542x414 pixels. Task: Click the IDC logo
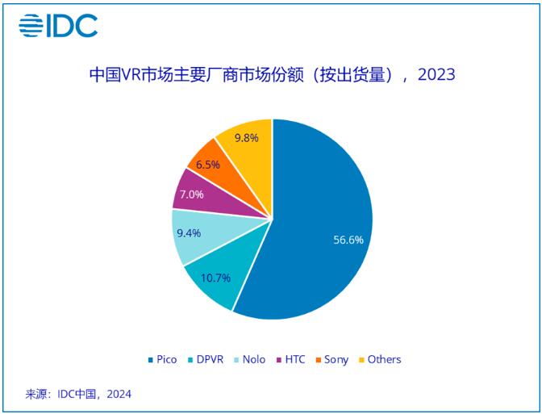coord(58,26)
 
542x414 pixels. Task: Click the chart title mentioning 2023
coord(271,76)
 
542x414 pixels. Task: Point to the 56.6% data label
coord(348,240)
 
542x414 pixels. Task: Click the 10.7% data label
coord(215,278)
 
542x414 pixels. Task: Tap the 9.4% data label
coord(190,234)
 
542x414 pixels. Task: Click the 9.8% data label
coord(246,138)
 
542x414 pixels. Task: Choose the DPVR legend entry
coord(206,359)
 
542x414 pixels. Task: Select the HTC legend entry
coord(290,359)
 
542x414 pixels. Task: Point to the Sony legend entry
coord(331,359)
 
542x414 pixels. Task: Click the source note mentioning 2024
coord(79,394)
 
